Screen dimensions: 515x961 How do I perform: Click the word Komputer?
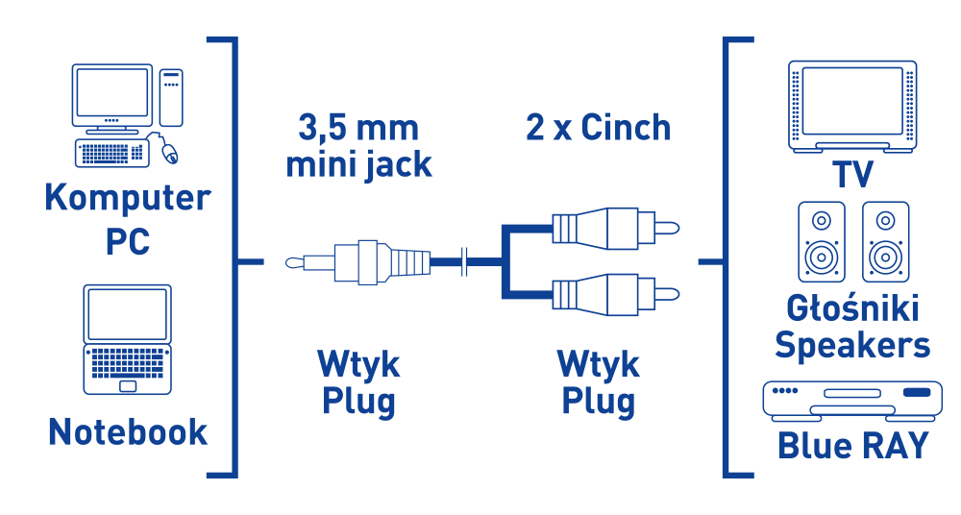coord(128,198)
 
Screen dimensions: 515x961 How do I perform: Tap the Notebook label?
coord(128,431)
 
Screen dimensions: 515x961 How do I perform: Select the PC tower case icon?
coord(171,96)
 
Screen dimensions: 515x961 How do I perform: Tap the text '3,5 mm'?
coord(358,127)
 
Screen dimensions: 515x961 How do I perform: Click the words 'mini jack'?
coord(358,164)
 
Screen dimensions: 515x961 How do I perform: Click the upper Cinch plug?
coord(615,229)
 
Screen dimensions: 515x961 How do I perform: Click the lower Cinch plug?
coord(615,292)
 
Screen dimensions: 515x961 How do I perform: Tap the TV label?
coord(852,175)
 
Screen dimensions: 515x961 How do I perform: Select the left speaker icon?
coord(822,242)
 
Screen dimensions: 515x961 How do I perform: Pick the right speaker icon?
coord(885,242)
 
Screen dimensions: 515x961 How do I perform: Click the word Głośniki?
coord(852,308)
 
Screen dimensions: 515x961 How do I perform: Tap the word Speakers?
coord(852,344)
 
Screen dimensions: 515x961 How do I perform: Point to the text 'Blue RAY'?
coord(852,445)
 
